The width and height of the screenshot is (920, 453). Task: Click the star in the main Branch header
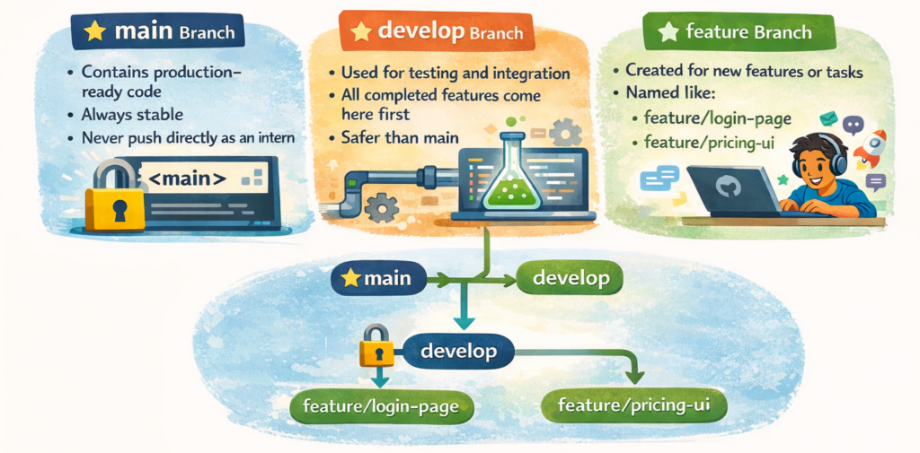click(94, 31)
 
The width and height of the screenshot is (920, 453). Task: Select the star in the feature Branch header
click(668, 31)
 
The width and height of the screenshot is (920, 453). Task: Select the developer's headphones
click(818, 153)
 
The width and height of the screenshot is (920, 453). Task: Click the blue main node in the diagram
click(378, 278)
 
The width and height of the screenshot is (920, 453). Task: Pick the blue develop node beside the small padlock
click(459, 352)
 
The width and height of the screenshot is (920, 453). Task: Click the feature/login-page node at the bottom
click(382, 405)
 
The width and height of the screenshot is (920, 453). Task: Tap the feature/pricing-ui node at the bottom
click(635, 405)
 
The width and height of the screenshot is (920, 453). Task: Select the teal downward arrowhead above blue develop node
click(464, 322)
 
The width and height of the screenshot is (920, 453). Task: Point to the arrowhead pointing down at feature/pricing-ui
click(633, 378)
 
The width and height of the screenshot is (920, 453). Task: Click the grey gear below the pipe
click(382, 207)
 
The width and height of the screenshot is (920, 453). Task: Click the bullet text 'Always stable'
click(133, 114)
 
